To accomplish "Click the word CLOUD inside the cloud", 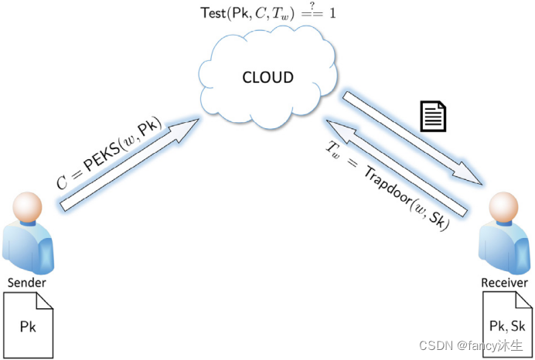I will click(267, 77).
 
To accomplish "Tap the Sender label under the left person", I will click(27, 282).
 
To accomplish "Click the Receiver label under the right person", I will click(503, 283).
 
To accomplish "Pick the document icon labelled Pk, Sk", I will click(503, 324).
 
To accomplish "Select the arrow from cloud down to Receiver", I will click(414, 139).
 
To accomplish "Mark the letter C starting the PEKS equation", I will click(63, 182).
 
